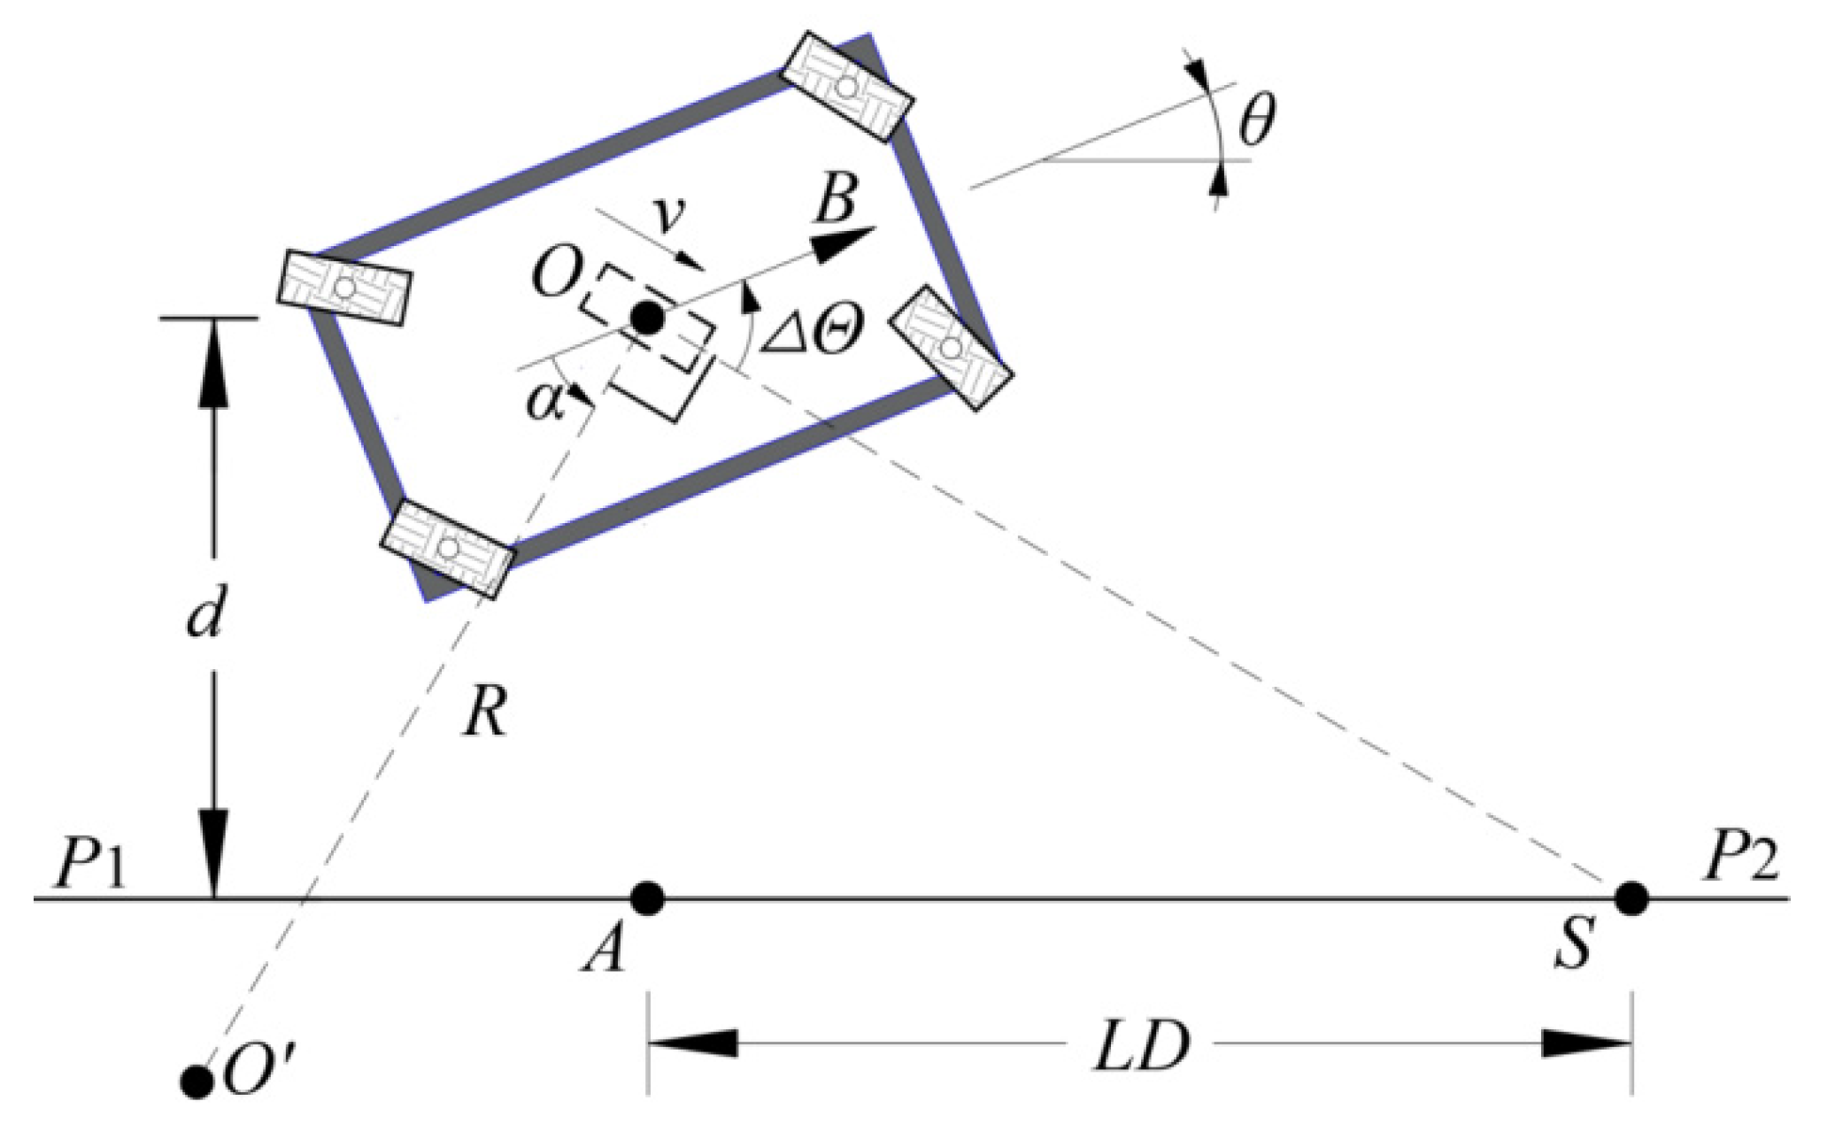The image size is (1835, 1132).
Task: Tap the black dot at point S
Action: click(1631, 898)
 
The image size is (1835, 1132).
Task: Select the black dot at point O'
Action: click(196, 1081)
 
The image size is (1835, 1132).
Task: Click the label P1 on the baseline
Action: click(91, 864)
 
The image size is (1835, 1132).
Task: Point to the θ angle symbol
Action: click(1257, 123)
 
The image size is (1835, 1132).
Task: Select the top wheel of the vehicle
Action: click(847, 86)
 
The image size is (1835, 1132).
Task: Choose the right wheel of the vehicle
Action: click(951, 348)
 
